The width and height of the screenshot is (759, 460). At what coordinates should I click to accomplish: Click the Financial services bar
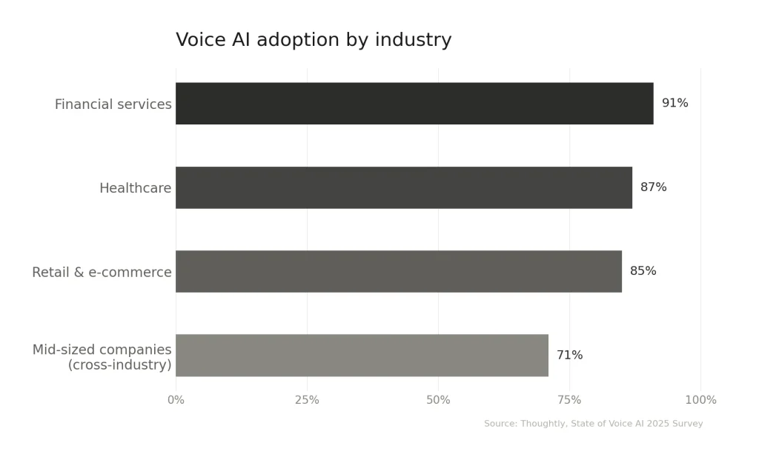414,104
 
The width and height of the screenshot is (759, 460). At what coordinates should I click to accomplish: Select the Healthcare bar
404,187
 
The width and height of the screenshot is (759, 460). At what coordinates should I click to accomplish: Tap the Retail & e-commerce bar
399,271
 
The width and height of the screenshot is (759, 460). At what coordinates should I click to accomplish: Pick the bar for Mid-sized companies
362,356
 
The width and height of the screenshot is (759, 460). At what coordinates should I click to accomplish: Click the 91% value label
675,104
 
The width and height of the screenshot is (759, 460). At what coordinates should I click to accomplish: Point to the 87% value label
653,187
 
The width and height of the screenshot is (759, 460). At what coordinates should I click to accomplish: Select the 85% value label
643,271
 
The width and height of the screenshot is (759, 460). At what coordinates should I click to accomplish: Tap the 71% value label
569,356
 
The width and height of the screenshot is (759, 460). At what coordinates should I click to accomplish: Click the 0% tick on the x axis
176,401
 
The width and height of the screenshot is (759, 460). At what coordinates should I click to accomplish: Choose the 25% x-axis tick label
307,401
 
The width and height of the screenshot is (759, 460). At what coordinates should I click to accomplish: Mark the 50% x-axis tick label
438,401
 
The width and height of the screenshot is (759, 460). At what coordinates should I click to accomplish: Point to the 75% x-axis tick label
569,401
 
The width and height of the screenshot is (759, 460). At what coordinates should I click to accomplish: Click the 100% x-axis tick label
700,401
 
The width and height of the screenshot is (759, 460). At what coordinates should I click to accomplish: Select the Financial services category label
113,104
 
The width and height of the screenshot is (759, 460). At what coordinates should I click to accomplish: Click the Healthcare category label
135,188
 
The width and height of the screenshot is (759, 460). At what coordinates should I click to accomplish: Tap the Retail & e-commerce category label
102,273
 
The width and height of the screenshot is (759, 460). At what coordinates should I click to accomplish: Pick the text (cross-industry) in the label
119,365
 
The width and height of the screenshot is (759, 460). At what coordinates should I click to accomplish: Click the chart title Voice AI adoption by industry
314,40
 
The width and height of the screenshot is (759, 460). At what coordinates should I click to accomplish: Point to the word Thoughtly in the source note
544,424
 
